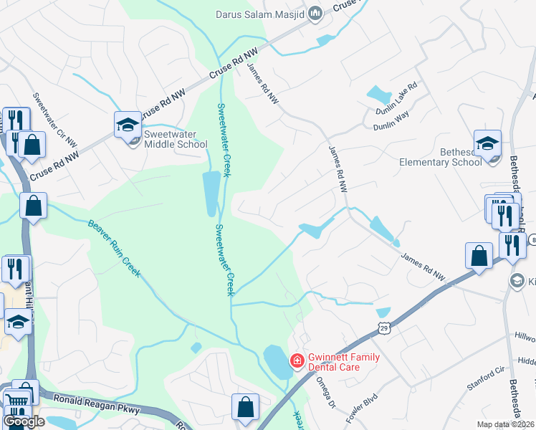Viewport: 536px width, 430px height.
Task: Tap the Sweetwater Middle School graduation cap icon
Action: pos(127,125)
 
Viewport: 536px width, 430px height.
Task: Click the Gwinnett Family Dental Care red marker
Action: pos(295,360)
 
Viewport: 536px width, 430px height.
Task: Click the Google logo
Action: pos(24,421)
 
